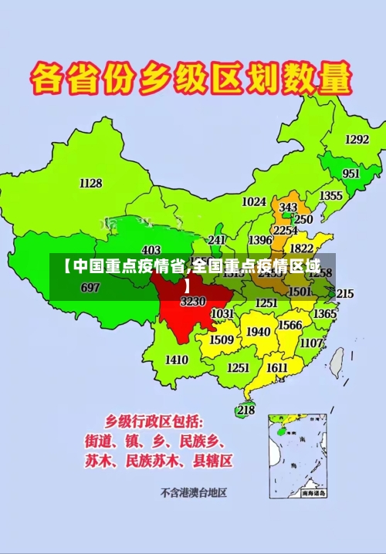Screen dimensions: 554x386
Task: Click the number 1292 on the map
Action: tap(357, 140)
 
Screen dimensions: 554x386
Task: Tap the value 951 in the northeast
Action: tap(351, 174)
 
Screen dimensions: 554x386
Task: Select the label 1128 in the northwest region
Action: tap(90, 183)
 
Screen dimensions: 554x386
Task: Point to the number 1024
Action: tap(254, 201)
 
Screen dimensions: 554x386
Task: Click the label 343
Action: tap(288, 208)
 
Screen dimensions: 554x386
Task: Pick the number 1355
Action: tap(331, 196)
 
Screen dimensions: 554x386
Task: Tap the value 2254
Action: tap(286, 230)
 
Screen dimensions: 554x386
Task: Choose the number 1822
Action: tap(301, 248)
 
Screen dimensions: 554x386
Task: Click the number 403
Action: tap(151, 249)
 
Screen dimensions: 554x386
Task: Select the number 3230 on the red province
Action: tap(193, 302)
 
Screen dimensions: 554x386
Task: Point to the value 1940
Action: tap(258, 332)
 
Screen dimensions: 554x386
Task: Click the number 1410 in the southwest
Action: tap(176, 360)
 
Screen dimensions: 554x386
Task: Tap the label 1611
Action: tap(277, 368)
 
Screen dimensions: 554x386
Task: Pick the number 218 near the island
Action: tap(245, 410)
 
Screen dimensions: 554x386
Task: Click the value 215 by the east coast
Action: tap(345, 293)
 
